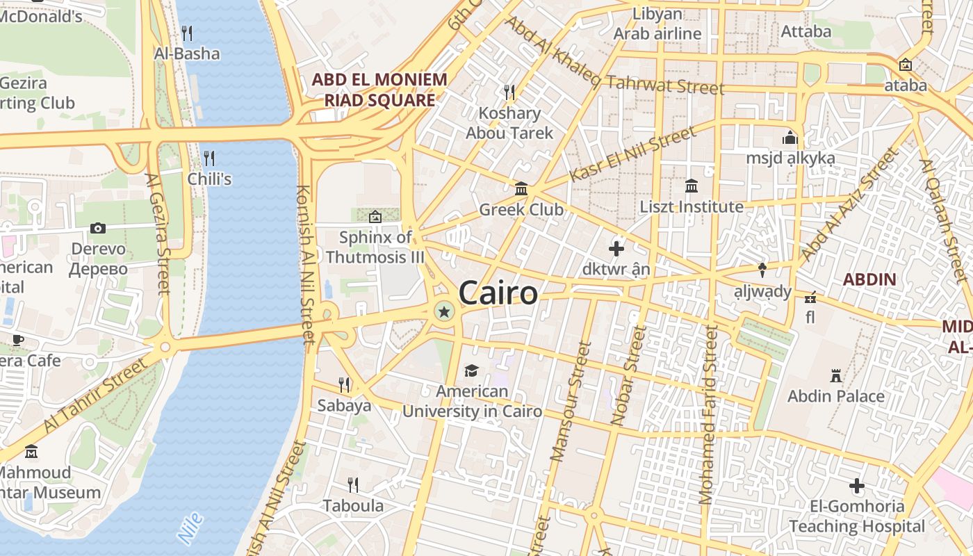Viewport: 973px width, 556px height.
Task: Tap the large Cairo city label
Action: click(498, 293)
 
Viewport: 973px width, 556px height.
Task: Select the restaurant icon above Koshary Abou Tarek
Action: click(509, 92)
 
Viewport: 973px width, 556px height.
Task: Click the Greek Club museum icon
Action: click(521, 188)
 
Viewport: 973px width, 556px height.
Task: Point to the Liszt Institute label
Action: click(692, 207)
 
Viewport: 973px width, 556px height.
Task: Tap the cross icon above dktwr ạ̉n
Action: click(616, 248)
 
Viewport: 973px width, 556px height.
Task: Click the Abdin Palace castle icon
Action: click(836, 376)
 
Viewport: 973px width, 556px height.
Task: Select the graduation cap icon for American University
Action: click(472, 370)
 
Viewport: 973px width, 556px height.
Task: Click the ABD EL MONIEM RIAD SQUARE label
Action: click(379, 90)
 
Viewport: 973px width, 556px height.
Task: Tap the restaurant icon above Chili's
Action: click(209, 158)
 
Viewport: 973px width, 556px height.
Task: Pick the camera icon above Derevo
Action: click(98, 228)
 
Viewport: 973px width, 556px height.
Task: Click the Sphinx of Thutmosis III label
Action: click(375, 247)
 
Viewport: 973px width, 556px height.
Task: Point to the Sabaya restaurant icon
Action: click(343, 384)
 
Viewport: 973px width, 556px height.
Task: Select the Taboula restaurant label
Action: click(353, 505)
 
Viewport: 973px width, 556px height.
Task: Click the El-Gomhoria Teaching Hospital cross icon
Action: click(857, 486)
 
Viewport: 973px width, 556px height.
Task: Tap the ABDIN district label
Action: click(869, 280)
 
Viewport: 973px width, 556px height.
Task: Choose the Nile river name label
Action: click(190, 528)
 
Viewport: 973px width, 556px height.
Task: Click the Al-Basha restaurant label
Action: click(186, 54)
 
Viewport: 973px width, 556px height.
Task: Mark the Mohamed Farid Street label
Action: click(708, 415)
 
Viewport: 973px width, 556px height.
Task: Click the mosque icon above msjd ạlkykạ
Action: click(790, 137)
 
